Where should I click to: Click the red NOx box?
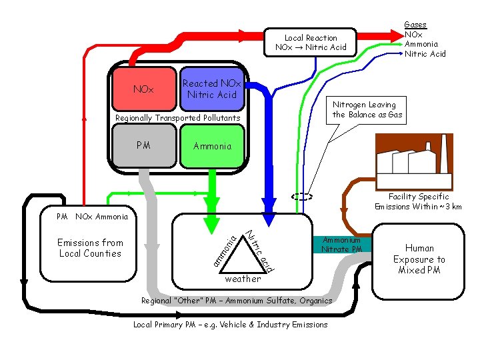point(143,89)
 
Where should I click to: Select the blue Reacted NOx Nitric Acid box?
point(211,89)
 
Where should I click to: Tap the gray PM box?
point(143,145)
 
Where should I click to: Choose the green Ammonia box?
point(212,145)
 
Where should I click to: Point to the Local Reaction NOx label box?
point(311,43)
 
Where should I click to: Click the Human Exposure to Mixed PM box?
point(419,259)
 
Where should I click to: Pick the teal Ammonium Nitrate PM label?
point(341,245)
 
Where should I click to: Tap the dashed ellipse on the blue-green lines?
point(301,197)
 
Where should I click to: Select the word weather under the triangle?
point(243,279)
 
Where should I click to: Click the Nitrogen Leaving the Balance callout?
point(364,109)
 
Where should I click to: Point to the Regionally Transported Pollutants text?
point(177,118)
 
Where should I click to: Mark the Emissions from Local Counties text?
point(90,248)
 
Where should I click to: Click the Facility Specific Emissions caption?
point(418,201)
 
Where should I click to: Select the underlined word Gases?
point(415,25)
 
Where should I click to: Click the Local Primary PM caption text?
point(231,325)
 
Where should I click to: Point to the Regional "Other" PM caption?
point(236,301)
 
